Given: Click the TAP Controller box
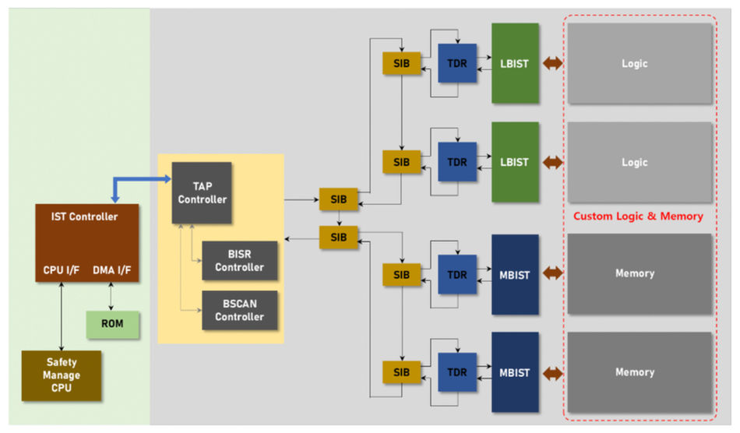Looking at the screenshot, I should [x=201, y=192].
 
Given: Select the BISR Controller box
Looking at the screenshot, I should [x=239, y=261].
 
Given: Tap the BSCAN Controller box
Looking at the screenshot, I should [x=239, y=310].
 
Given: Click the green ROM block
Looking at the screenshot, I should [x=113, y=324].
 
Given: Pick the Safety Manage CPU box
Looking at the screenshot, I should [x=62, y=375].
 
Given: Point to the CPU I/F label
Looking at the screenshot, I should [x=62, y=270].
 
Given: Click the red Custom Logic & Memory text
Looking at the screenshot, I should [x=638, y=216].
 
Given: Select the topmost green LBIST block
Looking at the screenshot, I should [x=515, y=63].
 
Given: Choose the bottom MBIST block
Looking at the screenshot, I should [x=515, y=372].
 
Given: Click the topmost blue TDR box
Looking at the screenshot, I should [x=457, y=63].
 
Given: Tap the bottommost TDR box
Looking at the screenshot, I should [x=457, y=372].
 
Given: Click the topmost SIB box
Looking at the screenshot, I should [x=401, y=63].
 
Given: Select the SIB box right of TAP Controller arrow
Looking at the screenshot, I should [x=339, y=199].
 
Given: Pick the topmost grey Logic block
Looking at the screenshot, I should [x=640, y=63].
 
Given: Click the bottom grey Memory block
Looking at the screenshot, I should [x=640, y=372].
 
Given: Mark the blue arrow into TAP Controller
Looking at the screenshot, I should [x=140, y=181].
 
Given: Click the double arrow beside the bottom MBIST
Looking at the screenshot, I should [x=553, y=373].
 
